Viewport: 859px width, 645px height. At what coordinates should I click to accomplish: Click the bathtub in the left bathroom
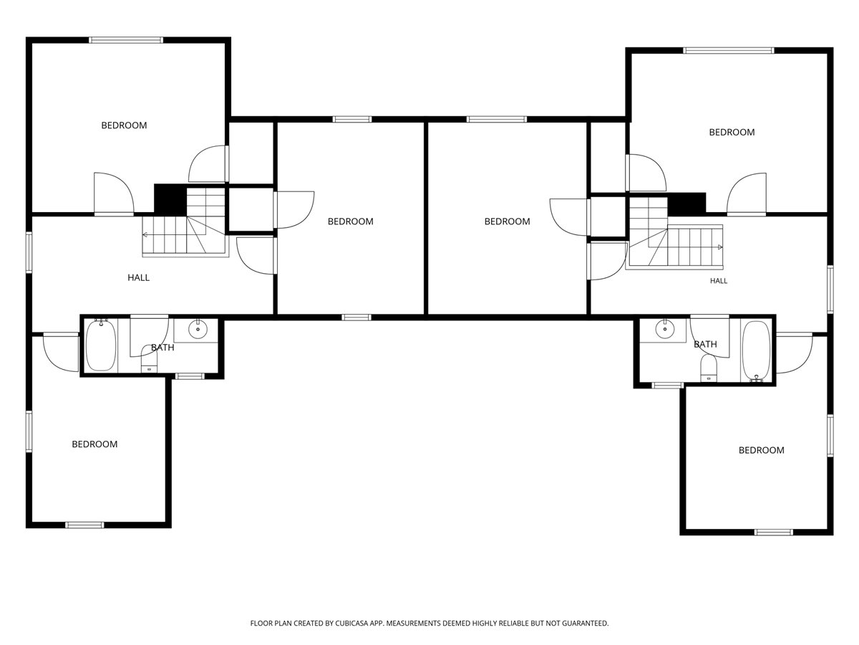101,345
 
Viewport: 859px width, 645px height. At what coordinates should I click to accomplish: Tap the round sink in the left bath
198,330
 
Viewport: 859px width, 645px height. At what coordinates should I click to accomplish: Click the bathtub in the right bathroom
756,351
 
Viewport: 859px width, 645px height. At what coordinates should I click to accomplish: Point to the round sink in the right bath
664,328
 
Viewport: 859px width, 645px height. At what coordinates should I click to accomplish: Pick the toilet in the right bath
709,368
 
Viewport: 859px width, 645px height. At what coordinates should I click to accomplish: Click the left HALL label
139,277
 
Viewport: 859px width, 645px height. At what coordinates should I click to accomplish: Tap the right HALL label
719,281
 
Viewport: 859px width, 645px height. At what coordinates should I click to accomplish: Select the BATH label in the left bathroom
162,348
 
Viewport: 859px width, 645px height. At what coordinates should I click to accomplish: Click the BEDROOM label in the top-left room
124,125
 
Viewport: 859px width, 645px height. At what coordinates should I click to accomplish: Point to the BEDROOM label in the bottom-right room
761,450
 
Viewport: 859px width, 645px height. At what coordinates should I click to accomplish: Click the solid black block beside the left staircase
170,200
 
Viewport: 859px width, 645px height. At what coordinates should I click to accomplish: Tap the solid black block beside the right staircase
686,204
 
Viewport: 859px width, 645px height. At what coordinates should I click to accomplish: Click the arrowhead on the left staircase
145,234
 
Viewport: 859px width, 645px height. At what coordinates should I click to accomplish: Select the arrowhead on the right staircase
720,247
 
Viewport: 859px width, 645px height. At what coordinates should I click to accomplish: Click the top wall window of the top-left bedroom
125,40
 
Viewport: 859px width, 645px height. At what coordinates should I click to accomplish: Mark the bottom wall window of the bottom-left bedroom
84,525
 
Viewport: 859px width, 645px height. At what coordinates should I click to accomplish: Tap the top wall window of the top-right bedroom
728,50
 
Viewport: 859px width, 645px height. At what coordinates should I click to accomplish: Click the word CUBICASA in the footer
351,623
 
